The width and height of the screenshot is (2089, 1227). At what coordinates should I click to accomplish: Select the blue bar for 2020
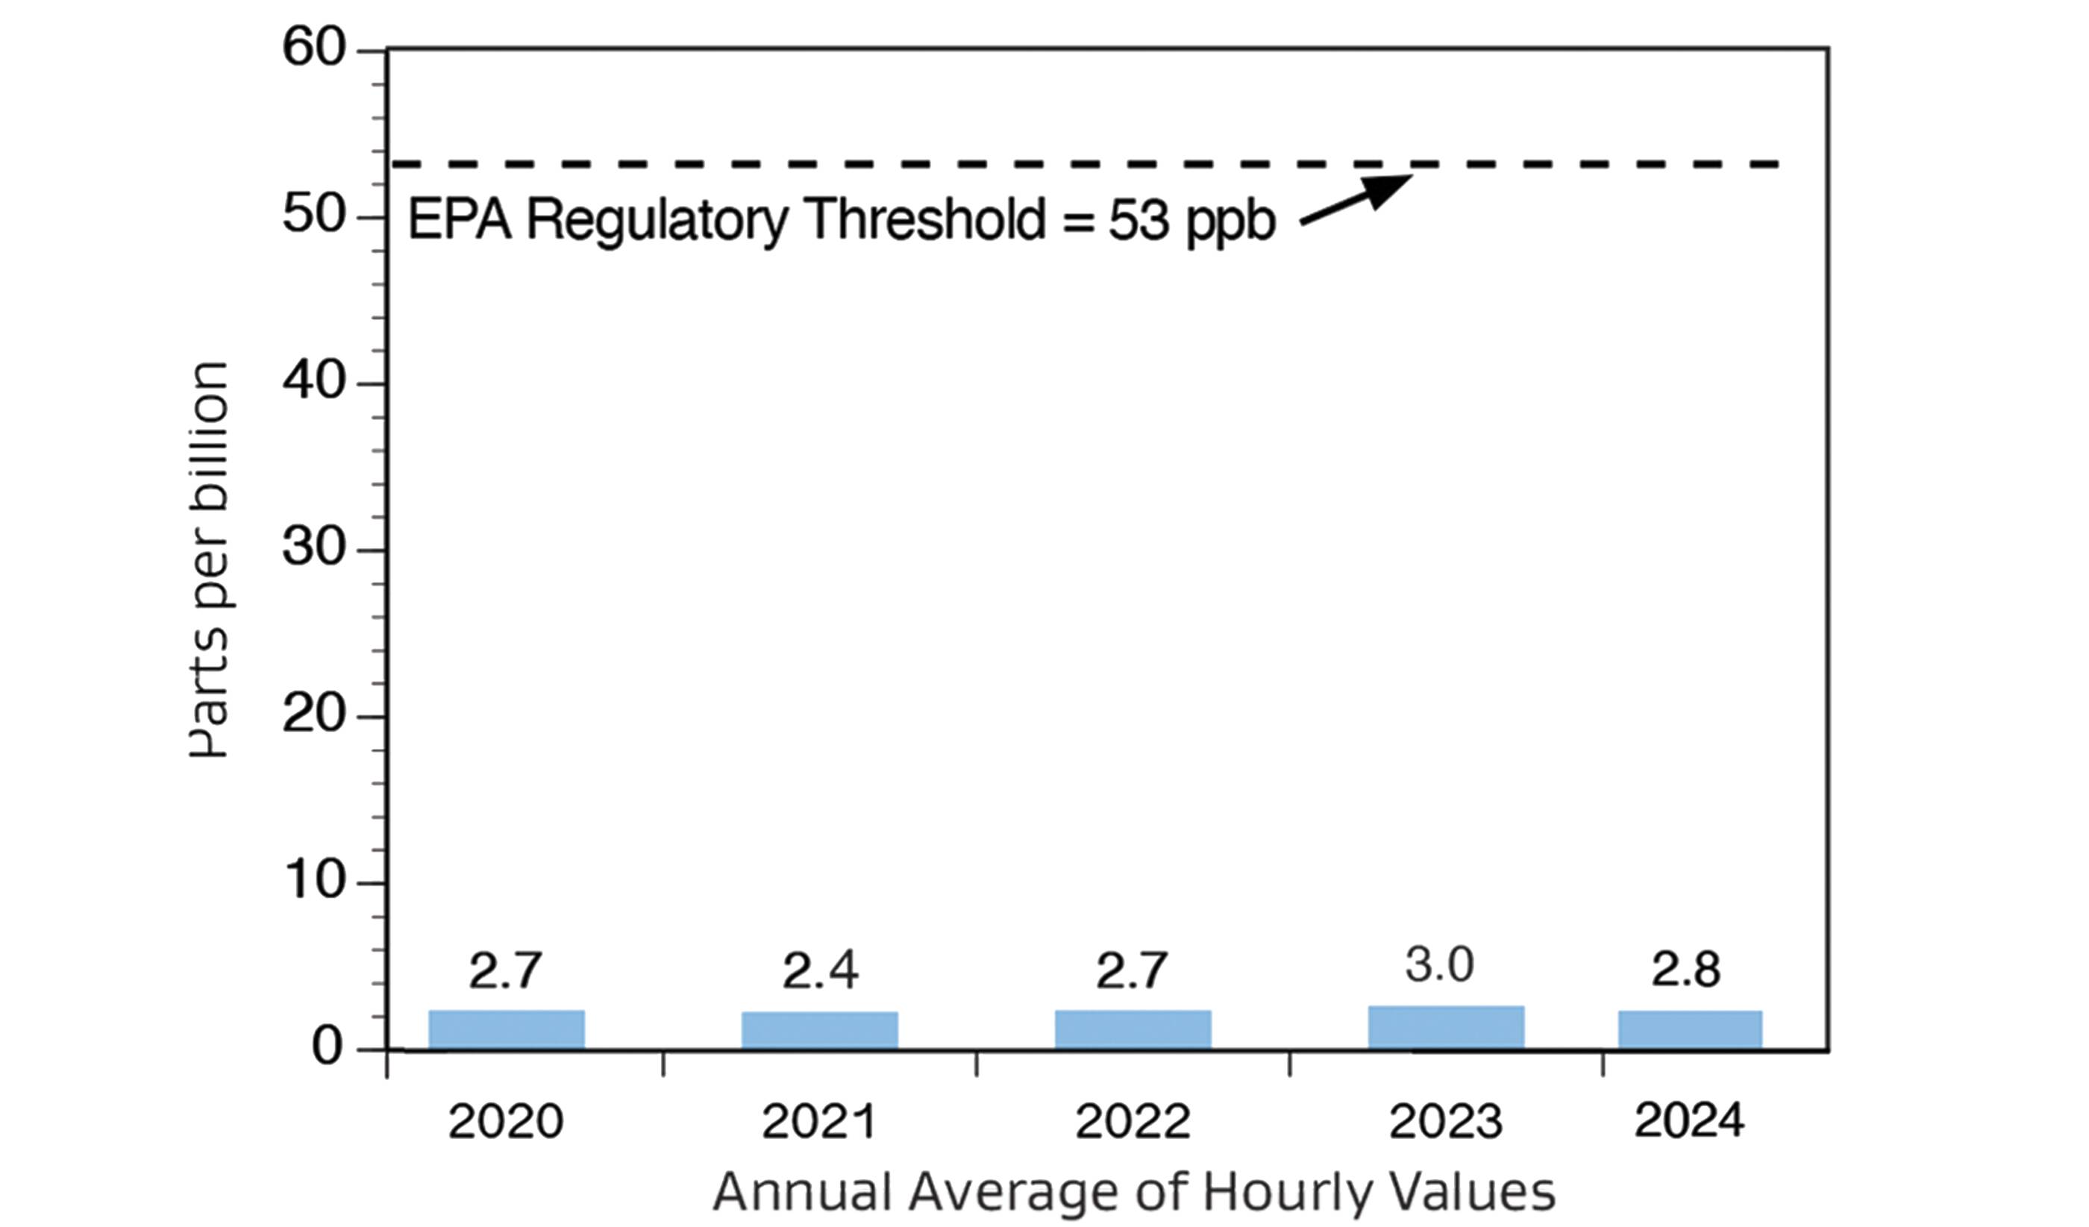(x=507, y=1029)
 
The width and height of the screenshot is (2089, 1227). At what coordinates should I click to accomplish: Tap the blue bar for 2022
(x=1133, y=1029)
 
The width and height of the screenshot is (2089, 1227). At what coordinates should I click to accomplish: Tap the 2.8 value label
(x=1685, y=969)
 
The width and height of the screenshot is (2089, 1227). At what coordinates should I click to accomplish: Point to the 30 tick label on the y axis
(x=313, y=547)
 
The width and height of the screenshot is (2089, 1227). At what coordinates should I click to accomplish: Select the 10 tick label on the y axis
(x=313, y=880)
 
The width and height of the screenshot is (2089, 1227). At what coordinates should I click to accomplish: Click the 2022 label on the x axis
(x=1133, y=1122)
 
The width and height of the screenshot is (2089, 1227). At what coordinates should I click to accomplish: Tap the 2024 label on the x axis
(x=1688, y=1121)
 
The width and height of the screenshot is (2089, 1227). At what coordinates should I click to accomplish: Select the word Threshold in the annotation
(x=926, y=220)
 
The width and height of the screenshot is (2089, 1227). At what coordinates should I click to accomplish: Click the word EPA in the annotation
(x=460, y=220)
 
